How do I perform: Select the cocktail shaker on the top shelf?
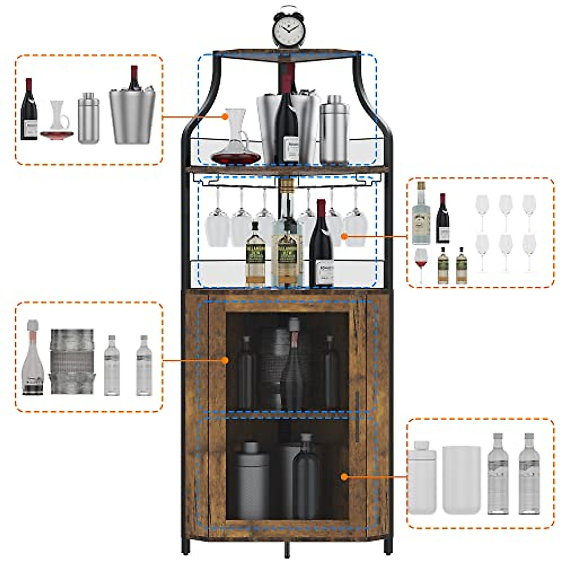click(334, 129)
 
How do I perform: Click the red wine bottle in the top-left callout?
click(29, 110)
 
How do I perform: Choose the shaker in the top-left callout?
click(88, 118)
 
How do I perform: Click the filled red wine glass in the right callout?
click(421, 266)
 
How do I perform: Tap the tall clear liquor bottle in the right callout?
click(421, 214)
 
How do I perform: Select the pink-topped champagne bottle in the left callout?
click(33, 360)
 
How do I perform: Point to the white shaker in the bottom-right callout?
click(422, 477)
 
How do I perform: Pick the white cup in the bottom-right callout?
click(461, 479)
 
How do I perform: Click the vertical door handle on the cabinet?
click(358, 416)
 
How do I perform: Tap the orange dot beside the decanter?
click(226, 116)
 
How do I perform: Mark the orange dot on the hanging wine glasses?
click(344, 236)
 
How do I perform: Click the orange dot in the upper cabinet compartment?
click(225, 360)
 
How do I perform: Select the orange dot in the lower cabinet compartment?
click(344, 477)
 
